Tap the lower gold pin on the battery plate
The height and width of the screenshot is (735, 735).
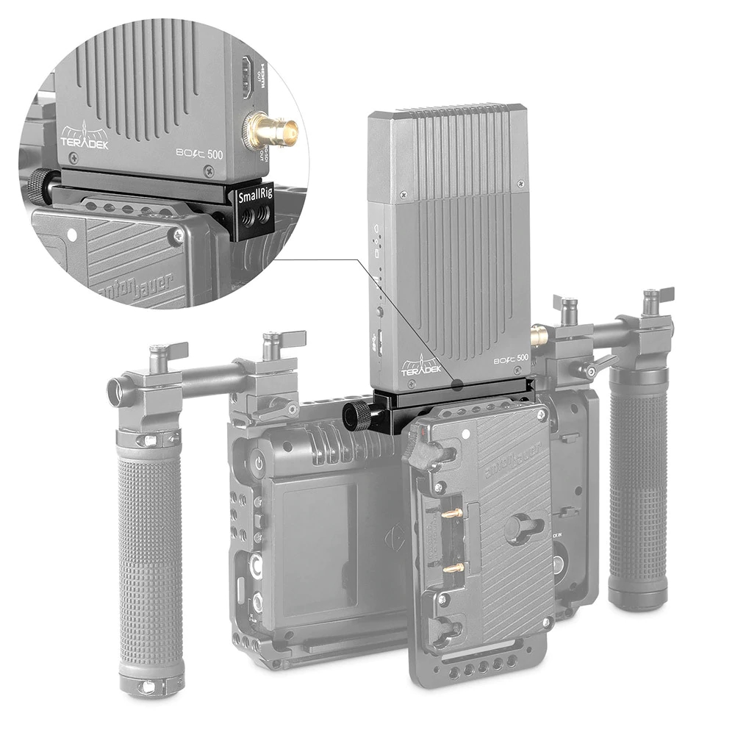pos(453,567)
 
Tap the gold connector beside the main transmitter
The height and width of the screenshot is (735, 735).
pos(539,337)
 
